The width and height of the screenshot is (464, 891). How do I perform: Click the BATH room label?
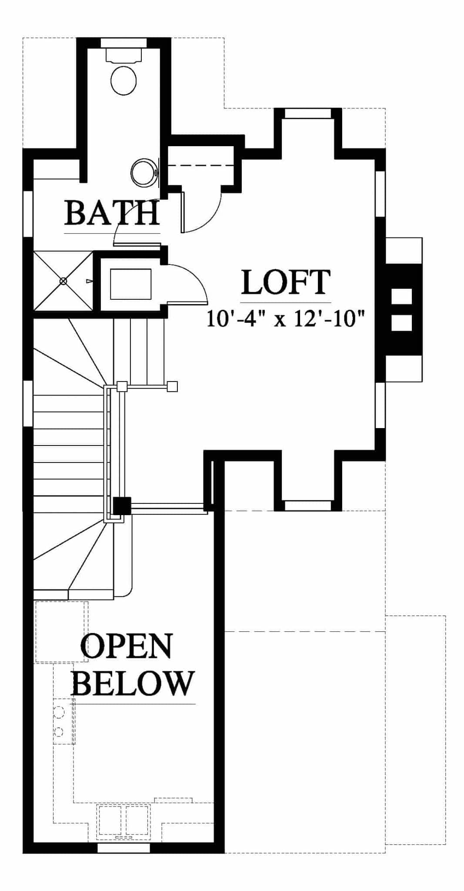point(112,213)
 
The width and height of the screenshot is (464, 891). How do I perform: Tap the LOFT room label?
point(286,282)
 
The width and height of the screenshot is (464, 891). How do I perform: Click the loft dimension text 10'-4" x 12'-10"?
point(285,318)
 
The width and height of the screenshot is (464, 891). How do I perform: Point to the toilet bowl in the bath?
point(124,80)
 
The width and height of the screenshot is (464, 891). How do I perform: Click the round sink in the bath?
point(144,173)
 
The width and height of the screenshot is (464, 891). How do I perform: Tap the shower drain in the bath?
point(63,281)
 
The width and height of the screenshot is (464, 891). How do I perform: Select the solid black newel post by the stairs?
point(122,506)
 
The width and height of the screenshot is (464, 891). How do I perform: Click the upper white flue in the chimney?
point(401,296)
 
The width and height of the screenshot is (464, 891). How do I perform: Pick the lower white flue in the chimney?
point(401,323)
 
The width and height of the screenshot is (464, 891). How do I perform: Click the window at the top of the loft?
point(308,113)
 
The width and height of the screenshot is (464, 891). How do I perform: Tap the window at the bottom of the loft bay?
point(308,506)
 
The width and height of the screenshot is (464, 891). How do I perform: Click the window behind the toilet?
point(124,43)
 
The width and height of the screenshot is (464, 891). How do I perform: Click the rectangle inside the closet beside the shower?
point(130,284)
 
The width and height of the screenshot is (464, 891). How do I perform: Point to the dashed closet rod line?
point(202,166)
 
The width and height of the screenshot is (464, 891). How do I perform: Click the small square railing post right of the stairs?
point(173,386)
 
